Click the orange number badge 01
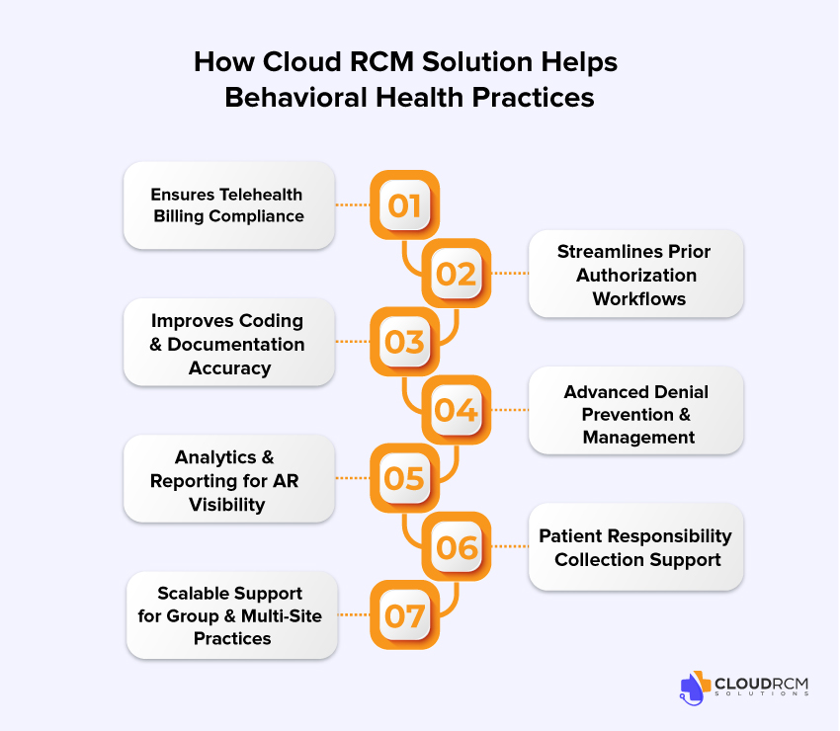404,205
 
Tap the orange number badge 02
457,274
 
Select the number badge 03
404,342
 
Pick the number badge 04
457,410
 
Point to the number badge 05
404,478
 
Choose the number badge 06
457,546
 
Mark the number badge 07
404,615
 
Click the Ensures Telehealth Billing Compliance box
228,205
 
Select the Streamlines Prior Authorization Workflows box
635,275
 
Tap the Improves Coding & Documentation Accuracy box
228,344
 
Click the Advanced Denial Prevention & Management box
635,414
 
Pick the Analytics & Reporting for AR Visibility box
228,480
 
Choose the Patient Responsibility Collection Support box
635,548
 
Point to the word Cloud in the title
295,61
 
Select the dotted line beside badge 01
352,205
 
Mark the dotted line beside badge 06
509,546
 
